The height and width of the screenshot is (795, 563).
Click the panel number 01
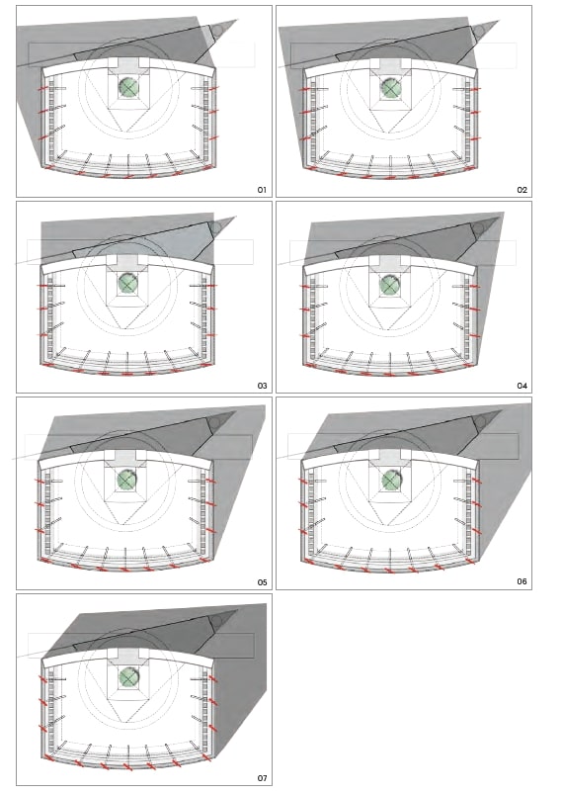262,190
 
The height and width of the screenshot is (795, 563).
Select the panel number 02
522,190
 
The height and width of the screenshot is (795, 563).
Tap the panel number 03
262,386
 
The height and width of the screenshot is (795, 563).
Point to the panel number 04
522,386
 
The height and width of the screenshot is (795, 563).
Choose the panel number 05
262,582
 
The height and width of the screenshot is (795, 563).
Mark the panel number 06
522,581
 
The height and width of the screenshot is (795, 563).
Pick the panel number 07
262,778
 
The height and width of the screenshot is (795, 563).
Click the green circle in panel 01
128,87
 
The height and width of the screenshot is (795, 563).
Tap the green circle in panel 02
391,88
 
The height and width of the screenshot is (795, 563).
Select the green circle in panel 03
128,283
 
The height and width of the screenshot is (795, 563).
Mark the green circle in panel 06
390,481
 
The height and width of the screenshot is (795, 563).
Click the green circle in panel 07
128,676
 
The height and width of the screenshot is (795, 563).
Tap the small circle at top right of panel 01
216,31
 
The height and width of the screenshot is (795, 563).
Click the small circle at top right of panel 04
477,228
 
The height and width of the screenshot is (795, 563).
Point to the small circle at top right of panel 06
479,423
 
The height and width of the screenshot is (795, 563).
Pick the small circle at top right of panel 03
215,227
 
